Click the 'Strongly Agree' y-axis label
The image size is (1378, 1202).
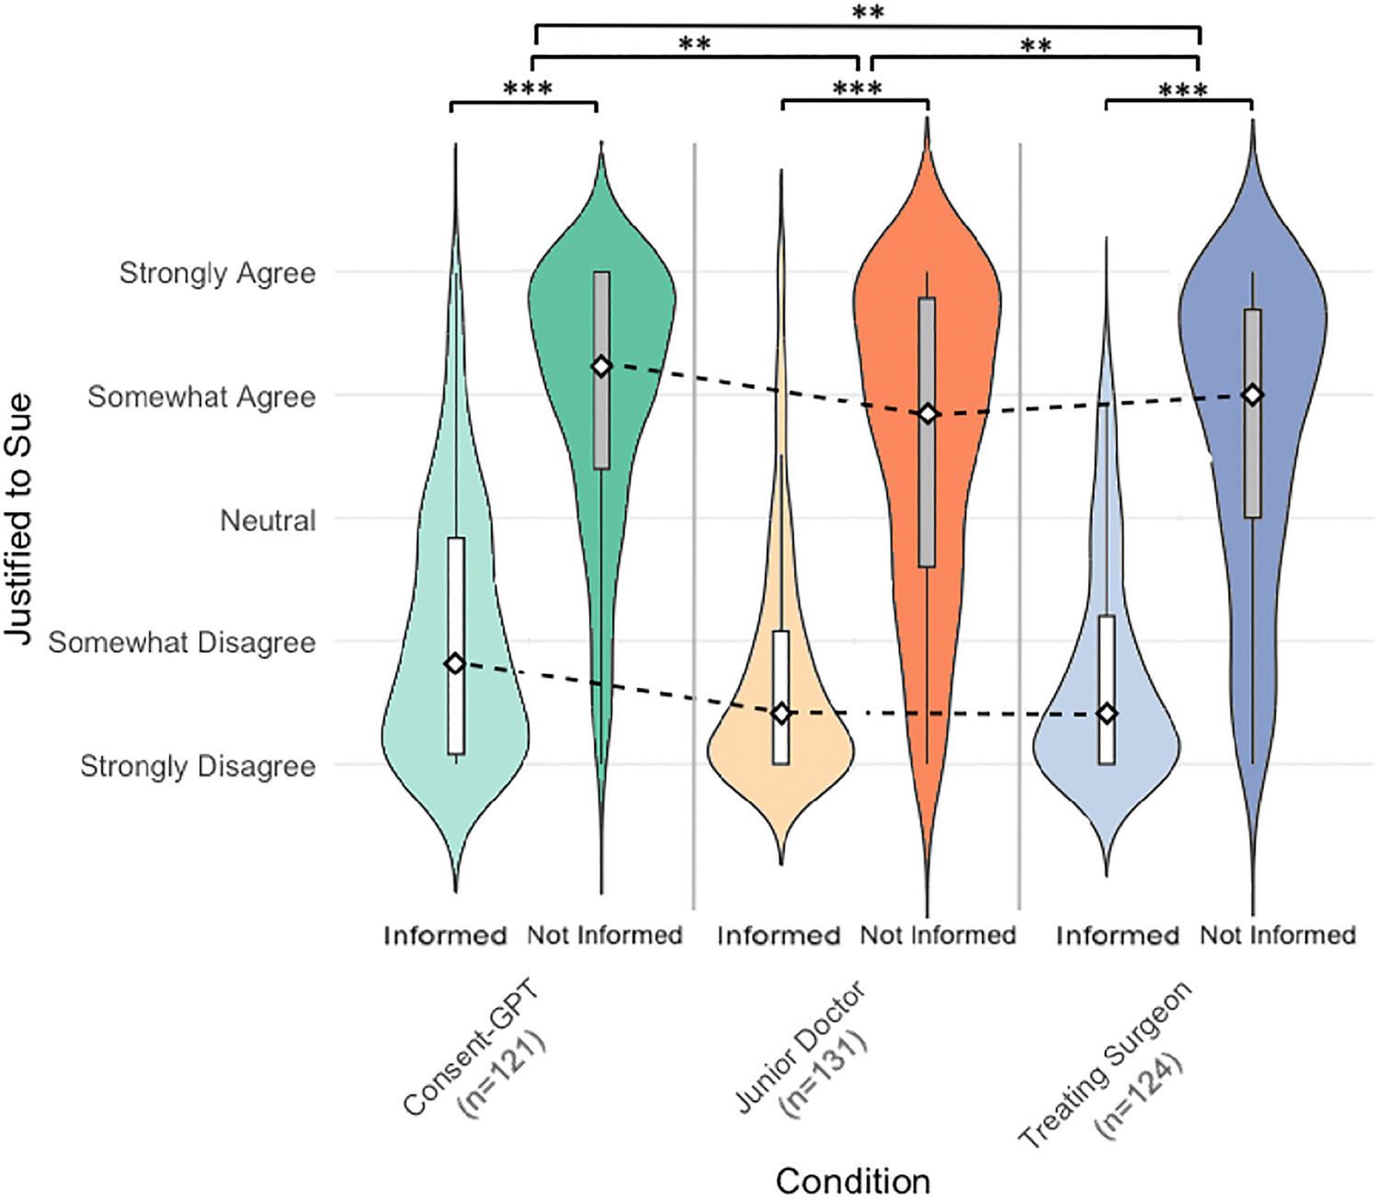(217, 273)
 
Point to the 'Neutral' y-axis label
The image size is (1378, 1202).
(268, 521)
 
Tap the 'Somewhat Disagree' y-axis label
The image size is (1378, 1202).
(182, 642)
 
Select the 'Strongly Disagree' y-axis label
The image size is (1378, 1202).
(198, 766)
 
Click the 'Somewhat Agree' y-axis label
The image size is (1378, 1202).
(201, 397)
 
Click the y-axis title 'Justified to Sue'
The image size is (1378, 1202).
(18, 519)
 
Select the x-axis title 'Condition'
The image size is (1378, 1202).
(852, 1181)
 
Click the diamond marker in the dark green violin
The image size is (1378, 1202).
(601, 367)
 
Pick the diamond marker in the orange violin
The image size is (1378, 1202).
(928, 414)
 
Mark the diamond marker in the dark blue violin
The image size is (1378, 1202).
(1252, 395)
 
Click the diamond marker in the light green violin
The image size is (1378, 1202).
(455, 663)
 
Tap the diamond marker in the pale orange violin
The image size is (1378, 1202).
(780, 714)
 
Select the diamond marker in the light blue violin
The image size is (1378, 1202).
(1107, 714)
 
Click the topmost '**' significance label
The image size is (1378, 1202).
(868, 13)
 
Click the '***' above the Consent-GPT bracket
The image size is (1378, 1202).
(528, 89)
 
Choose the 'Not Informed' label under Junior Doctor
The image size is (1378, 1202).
(938, 935)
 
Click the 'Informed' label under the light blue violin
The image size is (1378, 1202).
(1117, 935)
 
